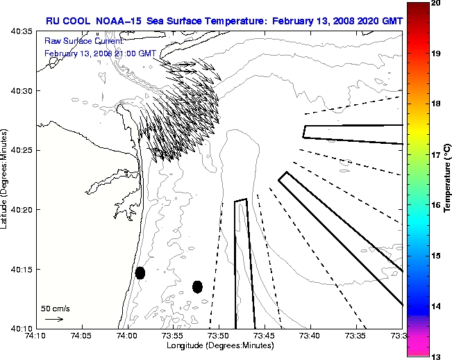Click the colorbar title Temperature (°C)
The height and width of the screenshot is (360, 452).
447,179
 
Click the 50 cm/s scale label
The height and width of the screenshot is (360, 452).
54,308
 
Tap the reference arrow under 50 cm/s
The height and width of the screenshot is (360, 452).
54,320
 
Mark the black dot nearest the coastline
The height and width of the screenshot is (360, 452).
140,272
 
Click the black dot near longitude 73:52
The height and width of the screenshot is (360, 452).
198,286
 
